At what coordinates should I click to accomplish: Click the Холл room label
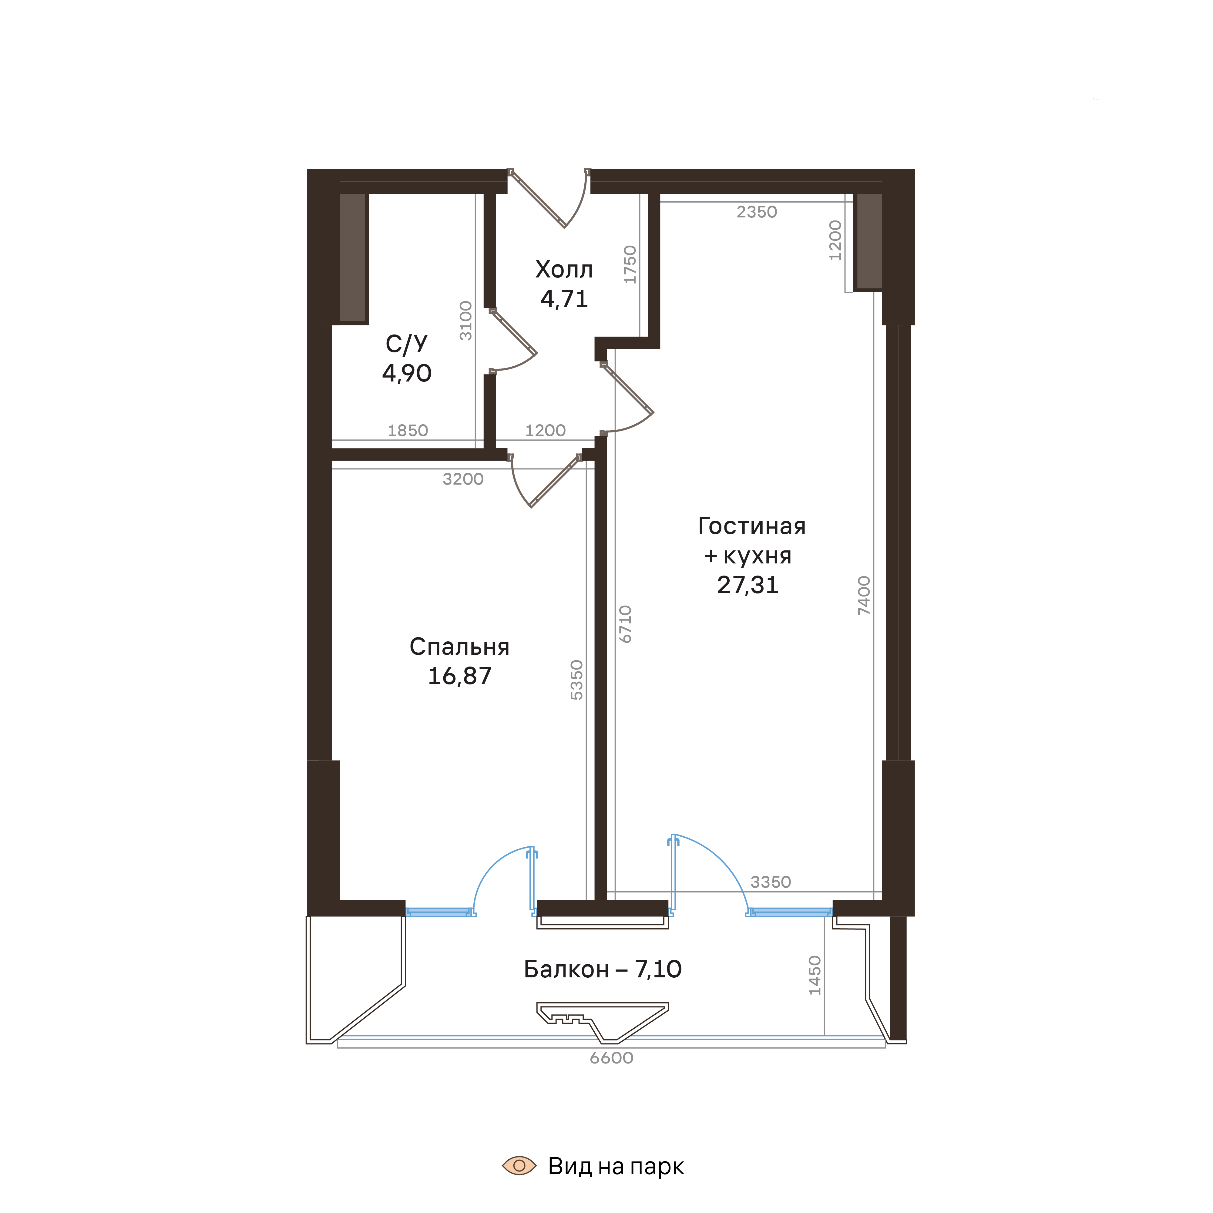[x=564, y=270]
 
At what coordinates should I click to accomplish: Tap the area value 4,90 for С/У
[x=407, y=374]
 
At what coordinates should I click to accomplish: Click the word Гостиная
[x=751, y=526]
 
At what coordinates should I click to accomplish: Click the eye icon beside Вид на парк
[x=519, y=1167]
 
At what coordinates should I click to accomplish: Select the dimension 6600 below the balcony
[x=611, y=1058]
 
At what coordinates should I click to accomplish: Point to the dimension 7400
[x=865, y=595]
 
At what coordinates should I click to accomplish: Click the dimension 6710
[x=625, y=624]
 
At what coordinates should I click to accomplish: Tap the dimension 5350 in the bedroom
[x=576, y=680]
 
